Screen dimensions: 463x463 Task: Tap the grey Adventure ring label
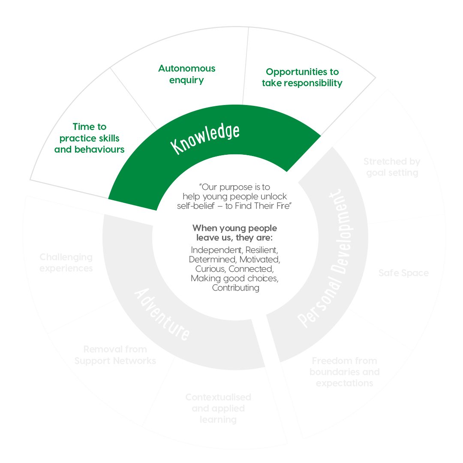point(162,315)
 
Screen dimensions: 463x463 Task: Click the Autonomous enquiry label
point(187,74)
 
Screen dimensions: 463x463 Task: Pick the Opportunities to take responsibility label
point(302,78)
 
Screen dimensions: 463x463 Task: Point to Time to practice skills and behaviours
point(90,138)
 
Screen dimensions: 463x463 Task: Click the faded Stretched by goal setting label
point(392,167)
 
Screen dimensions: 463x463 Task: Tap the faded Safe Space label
point(403,273)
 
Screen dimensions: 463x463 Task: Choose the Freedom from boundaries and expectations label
point(345,372)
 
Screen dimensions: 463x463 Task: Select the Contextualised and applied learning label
point(218,408)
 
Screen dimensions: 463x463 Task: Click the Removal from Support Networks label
point(115,355)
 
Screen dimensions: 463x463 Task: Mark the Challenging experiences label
point(66,262)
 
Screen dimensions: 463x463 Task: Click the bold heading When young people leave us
point(235,233)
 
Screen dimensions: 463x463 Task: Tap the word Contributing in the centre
point(235,288)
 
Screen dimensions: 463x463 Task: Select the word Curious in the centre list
point(210,269)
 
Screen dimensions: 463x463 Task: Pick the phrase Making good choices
point(235,278)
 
